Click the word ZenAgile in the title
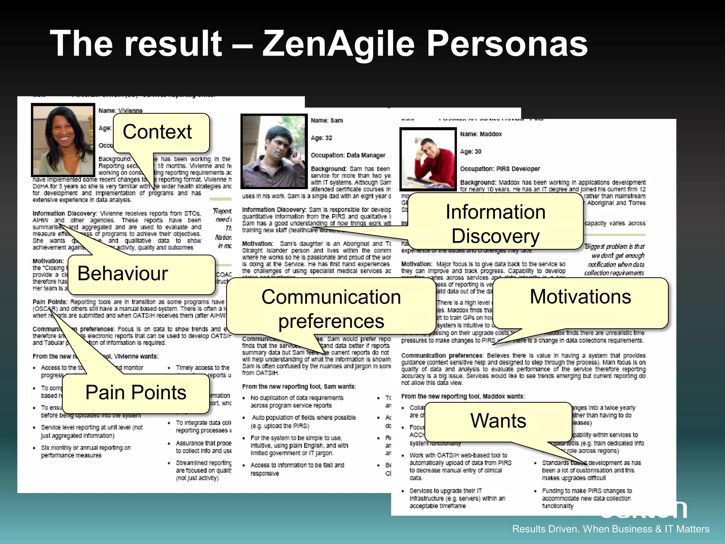click(x=338, y=44)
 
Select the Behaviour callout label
click(x=123, y=273)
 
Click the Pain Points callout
click(x=136, y=392)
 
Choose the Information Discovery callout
click(x=495, y=223)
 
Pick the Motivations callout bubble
click(x=580, y=296)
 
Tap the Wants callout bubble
click(x=498, y=420)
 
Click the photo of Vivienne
click(x=63, y=140)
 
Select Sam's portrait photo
click(x=274, y=151)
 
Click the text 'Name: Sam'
click(x=327, y=120)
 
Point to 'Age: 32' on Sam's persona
click(x=321, y=138)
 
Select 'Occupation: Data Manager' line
click(x=348, y=155)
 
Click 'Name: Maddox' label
click(x=481, y=134)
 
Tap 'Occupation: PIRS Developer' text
click(x=500, y=169)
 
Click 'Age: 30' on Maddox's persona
click(x=471, y=151)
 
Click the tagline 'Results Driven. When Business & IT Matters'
click(x=611, y=529)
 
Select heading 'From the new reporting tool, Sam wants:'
click(x=299, y=386)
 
